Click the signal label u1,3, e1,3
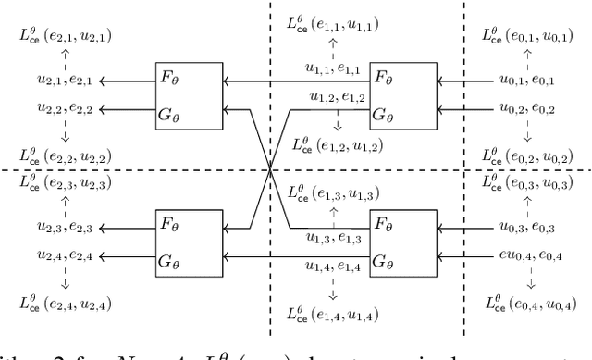click(334, 238)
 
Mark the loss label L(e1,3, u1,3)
click(334, 192)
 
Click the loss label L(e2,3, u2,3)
click(62, 180)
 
